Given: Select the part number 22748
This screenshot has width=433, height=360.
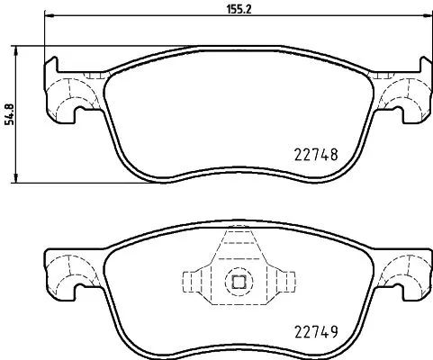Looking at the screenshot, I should pos(315,153).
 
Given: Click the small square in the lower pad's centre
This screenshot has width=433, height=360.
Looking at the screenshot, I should pos(239,282).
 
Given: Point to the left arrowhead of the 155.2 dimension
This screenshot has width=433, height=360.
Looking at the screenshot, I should pos(49,19).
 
